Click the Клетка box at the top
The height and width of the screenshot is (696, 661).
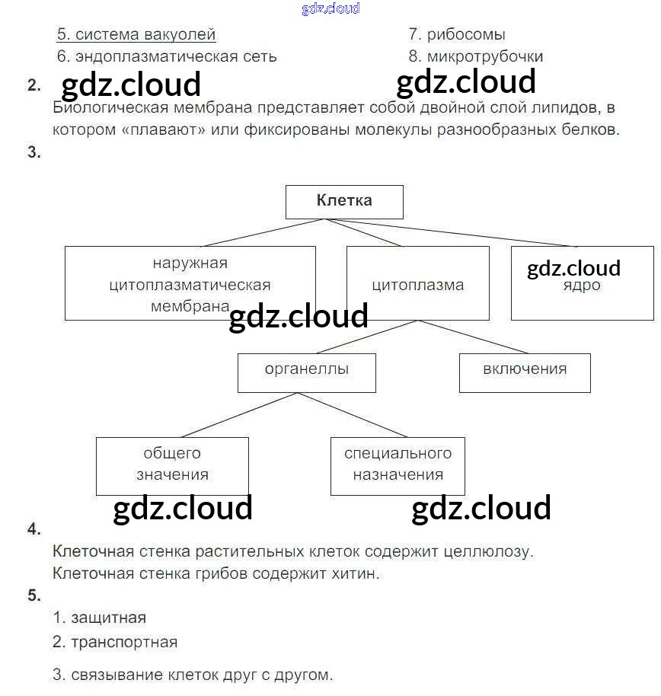[344, 202]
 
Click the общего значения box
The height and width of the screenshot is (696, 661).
[172, 465]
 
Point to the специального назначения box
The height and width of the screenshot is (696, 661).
[398, 465]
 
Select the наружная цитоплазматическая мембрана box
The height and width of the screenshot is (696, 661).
[190, 283]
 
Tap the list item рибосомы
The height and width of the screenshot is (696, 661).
[465, 35]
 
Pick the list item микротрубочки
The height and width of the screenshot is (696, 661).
[484, 57]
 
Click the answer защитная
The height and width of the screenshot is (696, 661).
[108, 618]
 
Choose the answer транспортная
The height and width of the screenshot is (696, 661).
[123, 642]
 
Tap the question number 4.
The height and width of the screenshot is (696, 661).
[34, 529]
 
